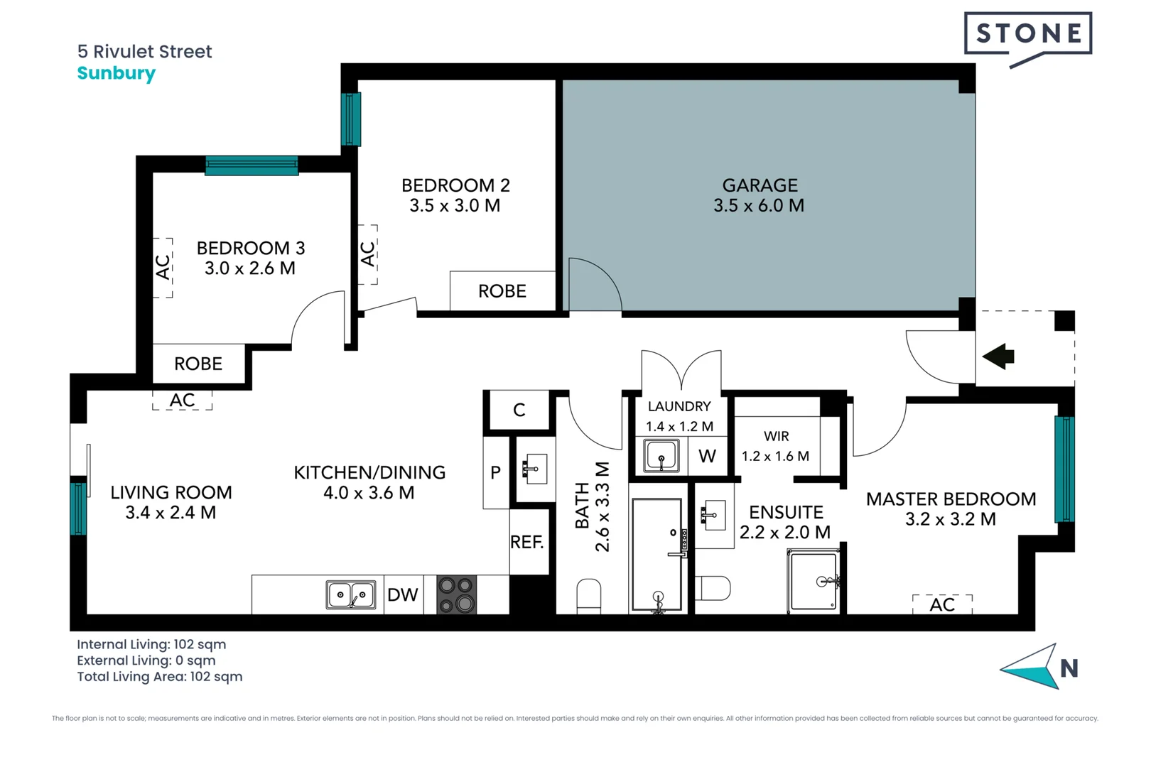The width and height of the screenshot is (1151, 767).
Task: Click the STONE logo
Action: (x=1027, y=34)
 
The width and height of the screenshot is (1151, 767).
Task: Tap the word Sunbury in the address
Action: (x=116, y=73)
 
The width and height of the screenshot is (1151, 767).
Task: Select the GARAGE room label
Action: (x=760, y=185)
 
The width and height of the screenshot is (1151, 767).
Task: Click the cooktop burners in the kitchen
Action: (x=456, y=594)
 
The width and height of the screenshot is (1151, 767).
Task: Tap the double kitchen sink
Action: (x=350, y=594)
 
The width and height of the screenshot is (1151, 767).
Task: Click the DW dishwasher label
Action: (x=402, y=595)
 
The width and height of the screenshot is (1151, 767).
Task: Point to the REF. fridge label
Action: (x=526, y=543)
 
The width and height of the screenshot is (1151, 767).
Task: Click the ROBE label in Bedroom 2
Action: (x=502, y=291)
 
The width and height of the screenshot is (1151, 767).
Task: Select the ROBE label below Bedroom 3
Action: (x=198, y=364)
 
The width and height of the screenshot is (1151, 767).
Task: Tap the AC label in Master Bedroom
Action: (x=942, y=605)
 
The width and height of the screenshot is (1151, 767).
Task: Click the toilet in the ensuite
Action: (x=713, y=588)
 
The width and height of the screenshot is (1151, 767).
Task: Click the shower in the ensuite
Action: (x=814, y=582)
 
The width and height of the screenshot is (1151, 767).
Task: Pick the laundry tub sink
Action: (x=661, y=456)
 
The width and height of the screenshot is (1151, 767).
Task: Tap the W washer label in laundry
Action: (x=707, y=457)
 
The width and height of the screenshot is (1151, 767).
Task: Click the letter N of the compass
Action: (x=1069, y=668)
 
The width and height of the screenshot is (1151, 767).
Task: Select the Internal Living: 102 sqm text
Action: (x=151, y=644)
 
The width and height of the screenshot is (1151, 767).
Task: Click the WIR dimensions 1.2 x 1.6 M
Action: (x=775, y=457)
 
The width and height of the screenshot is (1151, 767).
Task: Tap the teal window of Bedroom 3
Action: (x=252, y=165)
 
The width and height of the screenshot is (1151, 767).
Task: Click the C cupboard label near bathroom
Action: (x=519, y=410)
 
